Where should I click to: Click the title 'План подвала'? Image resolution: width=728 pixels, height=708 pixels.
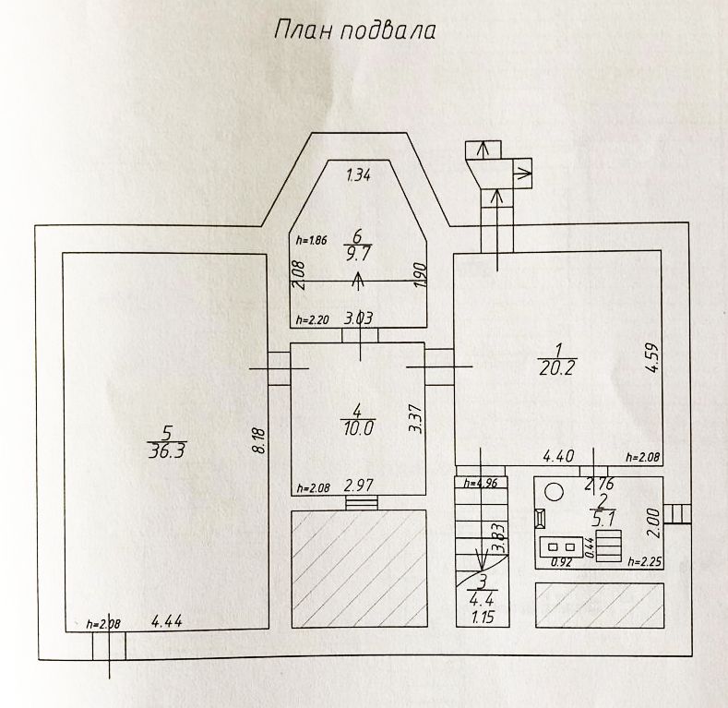(x=355, y=30)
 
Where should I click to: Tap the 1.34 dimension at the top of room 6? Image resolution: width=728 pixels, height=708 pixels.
(x=357, y=175)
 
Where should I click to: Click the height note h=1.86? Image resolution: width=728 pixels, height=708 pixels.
(x=311, y=239)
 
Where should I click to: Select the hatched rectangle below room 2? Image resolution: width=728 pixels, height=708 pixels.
(x=598, y=603)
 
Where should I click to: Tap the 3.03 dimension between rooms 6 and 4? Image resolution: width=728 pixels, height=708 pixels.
(x=358, y=320)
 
